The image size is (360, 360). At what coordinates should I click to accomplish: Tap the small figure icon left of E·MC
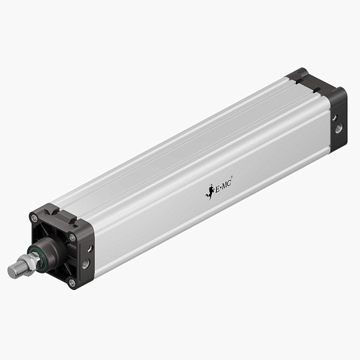click(208, 193)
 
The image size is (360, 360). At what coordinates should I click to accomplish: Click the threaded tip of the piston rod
click(14, 271)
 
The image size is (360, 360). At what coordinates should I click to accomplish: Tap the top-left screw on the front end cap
click(34, 218)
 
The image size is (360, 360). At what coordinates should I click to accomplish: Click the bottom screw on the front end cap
click(71, 283)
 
